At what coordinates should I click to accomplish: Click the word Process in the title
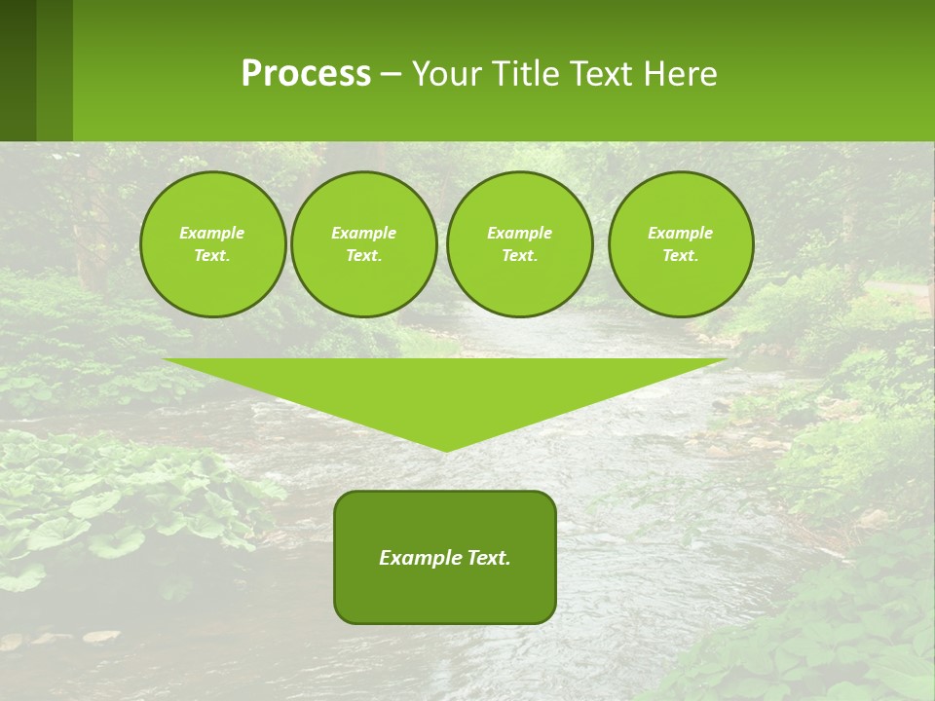[x=306, y=74]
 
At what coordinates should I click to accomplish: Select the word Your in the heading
[x=447, y=74]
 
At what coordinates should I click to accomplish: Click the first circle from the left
[x=212, y=244]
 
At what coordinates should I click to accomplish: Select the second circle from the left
[x=364, y=244]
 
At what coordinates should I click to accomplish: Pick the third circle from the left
[x=519, y=244]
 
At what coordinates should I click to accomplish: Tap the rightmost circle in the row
[x=681, y=244]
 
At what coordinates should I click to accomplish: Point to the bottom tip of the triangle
[x=446, y=449]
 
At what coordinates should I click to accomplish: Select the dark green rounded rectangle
[x=445, y=557]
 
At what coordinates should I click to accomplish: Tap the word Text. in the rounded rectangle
[x=489, y=558]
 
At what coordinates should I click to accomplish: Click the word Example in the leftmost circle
[x=212, y=233]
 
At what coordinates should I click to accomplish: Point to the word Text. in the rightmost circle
[x=681, y=256]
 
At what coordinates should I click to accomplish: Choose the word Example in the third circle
[x=519, y=233]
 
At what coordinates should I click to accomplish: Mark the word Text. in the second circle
[x=364, y=256]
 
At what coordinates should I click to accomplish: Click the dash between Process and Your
[x=391, y=74]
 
